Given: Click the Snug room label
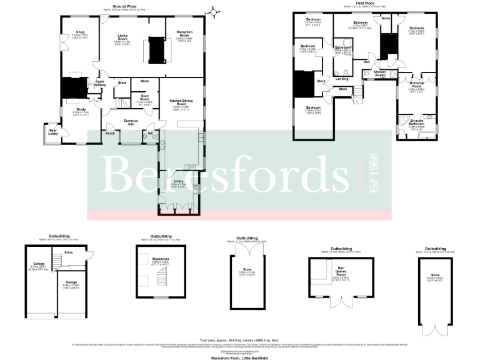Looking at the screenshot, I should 81,31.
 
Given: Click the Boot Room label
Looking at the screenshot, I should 144,98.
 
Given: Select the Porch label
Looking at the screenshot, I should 110,133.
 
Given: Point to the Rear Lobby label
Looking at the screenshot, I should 48,131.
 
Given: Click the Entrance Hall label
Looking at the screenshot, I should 131,121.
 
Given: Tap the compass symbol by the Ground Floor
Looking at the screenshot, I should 216,11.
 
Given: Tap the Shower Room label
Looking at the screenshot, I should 379,72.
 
